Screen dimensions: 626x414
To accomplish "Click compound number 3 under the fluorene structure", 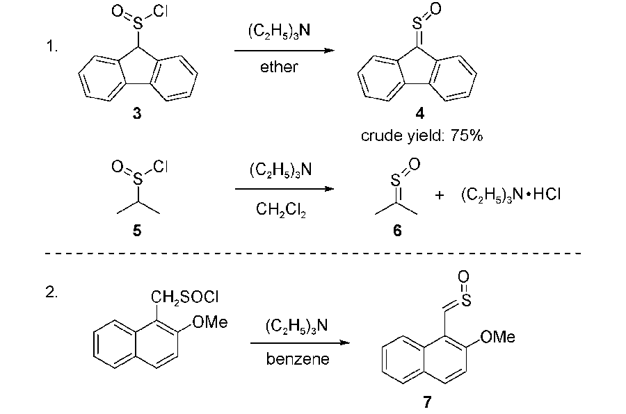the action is (x=137, y=114).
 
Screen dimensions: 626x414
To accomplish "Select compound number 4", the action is (x=420, y=114).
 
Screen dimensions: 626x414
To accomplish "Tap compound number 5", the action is (x=137, y=231).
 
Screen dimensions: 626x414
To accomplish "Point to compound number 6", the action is (x=397, y=231).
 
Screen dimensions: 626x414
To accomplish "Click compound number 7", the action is (x=427, y=401).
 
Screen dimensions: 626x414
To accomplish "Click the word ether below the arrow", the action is (x=279, y=67).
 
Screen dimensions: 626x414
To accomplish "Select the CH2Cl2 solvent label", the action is (x=281, y=209).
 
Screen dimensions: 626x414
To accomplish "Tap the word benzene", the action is (x=298, y=359).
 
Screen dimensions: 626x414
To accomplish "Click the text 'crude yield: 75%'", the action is (x=422, y=136).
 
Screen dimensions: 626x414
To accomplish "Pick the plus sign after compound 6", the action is (x=439, y=195).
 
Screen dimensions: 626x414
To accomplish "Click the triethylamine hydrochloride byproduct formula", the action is (x=511, y=195).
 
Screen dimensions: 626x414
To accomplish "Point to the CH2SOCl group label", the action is (x=185, y=297).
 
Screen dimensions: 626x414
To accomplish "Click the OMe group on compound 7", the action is (x=498, y=337).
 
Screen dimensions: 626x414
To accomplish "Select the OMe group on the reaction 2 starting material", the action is (x=210, y=322).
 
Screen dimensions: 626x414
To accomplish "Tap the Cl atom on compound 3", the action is (x=160, y=12).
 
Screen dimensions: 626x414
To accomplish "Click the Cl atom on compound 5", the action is (x=160, y=166).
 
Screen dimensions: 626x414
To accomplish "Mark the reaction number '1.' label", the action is (x=52, y=47).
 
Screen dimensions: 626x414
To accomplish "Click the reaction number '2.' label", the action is (x=51, y=292).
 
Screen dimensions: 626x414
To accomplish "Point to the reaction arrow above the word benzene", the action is (x=300, y=342).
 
